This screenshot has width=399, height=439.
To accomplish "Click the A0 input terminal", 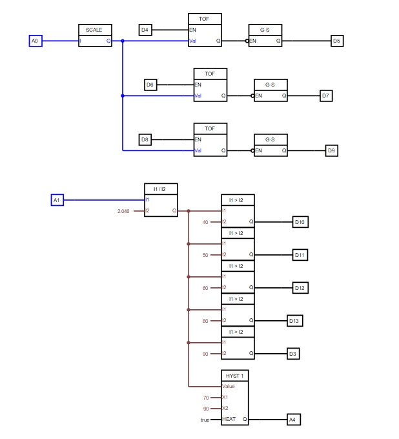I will [36, 41].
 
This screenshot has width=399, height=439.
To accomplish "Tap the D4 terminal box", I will [145, 30].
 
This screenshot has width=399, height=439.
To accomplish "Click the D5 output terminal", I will [336, 41].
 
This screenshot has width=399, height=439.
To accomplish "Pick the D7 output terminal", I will [326, 96].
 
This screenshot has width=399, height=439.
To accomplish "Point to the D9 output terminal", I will [331, 150].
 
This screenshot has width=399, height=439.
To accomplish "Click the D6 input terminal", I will [150, 85].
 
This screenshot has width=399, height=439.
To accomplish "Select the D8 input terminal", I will [145, 139].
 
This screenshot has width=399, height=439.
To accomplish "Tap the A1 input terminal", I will [57, 200].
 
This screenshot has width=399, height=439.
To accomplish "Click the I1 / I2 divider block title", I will [160, 189].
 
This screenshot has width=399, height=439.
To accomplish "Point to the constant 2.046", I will [123, 211].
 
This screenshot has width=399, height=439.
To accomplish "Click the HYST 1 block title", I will [232, 375].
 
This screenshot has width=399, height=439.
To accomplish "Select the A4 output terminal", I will [294, 420].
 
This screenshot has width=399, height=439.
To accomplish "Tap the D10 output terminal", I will [300, 222].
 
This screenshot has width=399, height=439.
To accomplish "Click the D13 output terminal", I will [294, 321].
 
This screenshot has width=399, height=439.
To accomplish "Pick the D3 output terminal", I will [294, 354].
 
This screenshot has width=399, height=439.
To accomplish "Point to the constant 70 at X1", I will [206, 398].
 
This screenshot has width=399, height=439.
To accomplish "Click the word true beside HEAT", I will [205, 420].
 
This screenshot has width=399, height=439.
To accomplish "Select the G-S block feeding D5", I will [265, 36].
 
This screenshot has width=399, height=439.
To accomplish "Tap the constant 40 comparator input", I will [205, 222].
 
